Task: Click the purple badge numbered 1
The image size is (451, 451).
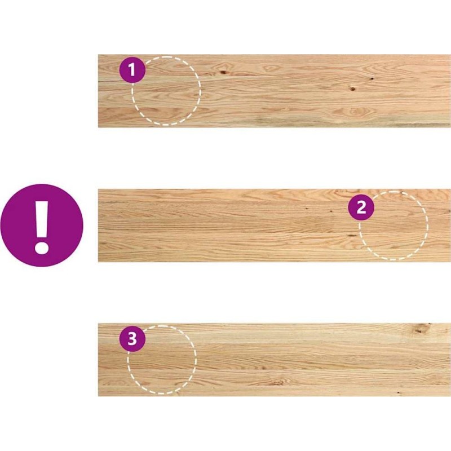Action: (132, 69)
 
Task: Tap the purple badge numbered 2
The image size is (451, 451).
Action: (361, 207)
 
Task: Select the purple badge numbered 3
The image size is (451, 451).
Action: (132, 339)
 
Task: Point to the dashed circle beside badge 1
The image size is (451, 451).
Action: (200, 91)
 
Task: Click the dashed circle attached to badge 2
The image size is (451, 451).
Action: (427, 225)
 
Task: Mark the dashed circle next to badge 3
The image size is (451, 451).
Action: (196, 360)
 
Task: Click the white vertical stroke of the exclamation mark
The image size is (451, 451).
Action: (42, 219)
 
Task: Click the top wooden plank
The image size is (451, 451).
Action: (275, 91)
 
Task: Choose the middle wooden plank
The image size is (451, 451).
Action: (275, 225)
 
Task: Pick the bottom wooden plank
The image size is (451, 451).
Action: (275, 360)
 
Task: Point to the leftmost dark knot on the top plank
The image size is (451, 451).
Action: (223, 72)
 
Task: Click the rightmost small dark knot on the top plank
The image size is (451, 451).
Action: (372, 78)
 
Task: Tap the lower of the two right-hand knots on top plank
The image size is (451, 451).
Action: (353, 89)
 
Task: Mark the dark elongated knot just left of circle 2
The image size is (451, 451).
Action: (351, 236)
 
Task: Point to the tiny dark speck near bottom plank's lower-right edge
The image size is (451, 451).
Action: (399, 392)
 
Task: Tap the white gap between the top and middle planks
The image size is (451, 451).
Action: (275, 158)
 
